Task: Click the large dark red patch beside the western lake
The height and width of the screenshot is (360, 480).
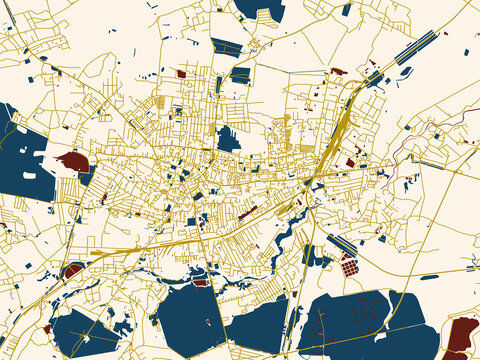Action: coord(73,161)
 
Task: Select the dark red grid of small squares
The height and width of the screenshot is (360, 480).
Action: coord(349,266)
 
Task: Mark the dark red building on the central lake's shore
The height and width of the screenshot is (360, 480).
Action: coord(201,282)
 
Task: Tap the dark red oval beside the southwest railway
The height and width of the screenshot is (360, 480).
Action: coord(73,269)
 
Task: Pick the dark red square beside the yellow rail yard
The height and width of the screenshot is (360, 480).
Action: coord(350,162)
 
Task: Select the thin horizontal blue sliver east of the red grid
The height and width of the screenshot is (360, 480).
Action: coord(429,276)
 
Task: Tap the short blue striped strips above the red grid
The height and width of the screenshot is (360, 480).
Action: coord(342,244)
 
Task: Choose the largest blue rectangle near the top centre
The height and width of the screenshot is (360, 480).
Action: coord(226,46)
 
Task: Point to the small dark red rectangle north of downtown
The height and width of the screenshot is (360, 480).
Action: coord(181,73)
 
